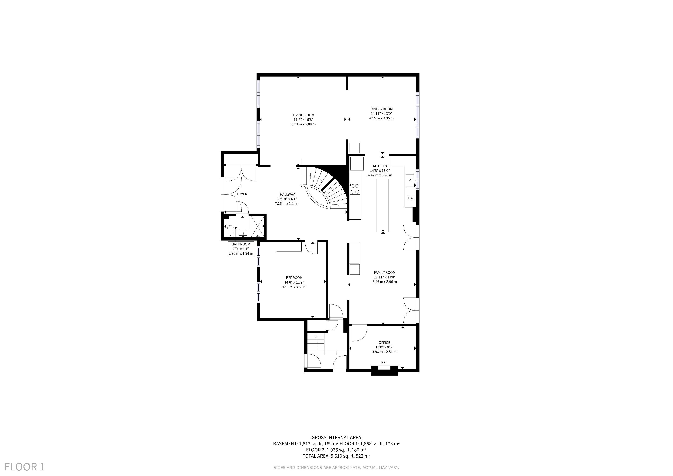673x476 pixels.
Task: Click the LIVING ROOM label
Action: (x=303, y=115)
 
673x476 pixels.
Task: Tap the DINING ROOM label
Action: (x=381, y=109)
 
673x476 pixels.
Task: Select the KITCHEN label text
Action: (x=380, y=166)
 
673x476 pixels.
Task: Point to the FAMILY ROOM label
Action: (x=385, y=272)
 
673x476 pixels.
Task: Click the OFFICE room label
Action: (x=384, y=343)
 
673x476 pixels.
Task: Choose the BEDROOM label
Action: (x=294, y=278)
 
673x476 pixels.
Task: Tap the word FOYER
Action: (x=242, y=194)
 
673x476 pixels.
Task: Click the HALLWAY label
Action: (x=287, y=194)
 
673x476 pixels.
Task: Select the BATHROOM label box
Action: (x=241, y=248)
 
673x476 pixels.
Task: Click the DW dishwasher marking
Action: (x=411, y=198)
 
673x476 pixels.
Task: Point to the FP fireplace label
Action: (x=383, y=363)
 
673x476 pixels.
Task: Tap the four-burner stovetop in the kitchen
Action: (x=355, y=188)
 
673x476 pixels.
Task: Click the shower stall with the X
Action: (x=257, y=227)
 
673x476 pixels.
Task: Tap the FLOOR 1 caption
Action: (x=25, y=467)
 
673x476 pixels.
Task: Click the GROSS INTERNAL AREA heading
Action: (x=336, y=438)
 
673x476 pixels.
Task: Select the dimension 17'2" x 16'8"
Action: (x=303, y=120)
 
